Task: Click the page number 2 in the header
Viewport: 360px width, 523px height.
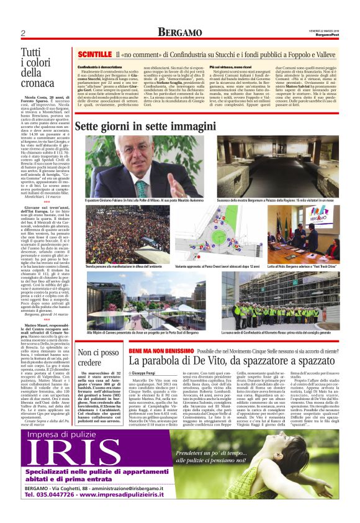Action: [x=22, y=32]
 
